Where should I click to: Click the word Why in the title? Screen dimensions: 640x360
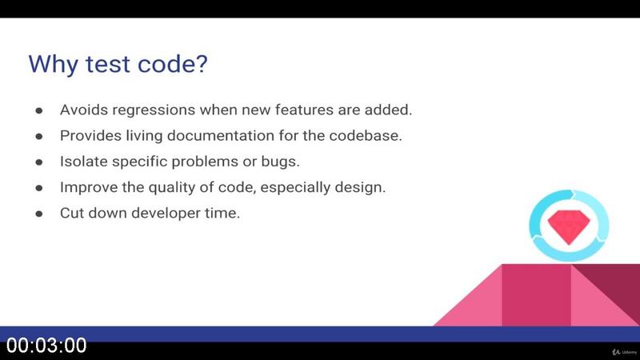pos(53,64)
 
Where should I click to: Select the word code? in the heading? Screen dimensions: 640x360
pos(173,64)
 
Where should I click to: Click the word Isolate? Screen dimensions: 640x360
pos(84,162)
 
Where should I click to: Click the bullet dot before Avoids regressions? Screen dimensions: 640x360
pos(39,110)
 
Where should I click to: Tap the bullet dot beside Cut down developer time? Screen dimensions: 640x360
pos(39,214)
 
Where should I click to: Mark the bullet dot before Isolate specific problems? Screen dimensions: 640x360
pos(39,162)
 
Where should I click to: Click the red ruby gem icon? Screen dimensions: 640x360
pos(569,226)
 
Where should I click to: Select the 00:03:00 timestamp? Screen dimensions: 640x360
pos(46,346)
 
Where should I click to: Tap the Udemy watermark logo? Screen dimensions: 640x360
pos(625,352)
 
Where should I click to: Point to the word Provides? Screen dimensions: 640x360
pos(90,135)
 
